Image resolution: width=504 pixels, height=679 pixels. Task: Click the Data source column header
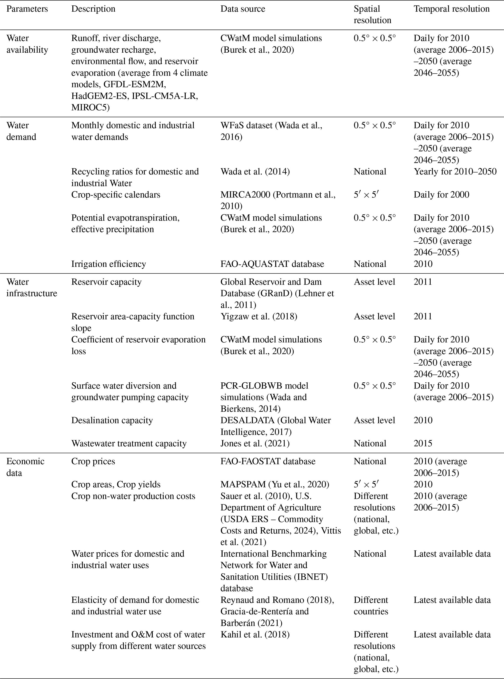pos(243,9)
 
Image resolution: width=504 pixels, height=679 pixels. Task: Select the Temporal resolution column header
pos(451,9)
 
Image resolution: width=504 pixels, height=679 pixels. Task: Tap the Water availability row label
pos(27,44)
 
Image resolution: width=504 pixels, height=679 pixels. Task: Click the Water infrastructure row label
pos(32,288)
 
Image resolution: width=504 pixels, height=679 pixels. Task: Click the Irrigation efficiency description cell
pos(109,264)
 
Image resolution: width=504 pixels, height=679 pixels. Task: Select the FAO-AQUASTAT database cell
pos(272,264)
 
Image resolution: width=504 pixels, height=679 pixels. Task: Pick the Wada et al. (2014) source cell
pos(255,172)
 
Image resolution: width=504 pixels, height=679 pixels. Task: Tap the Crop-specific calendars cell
pos(116,194)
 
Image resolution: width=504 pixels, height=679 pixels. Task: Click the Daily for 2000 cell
pos(441,194)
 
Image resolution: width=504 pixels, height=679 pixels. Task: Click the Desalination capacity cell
pos(112,420)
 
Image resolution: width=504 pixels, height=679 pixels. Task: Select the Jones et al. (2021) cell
pos(255,443)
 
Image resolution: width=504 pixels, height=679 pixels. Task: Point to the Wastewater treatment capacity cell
pos(129,443)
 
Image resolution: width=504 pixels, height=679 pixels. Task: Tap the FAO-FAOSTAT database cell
pos(268,461)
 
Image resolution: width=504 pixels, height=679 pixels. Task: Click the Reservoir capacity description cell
pos(107,282)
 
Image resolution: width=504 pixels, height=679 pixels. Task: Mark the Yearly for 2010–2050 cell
pos(455,172)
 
